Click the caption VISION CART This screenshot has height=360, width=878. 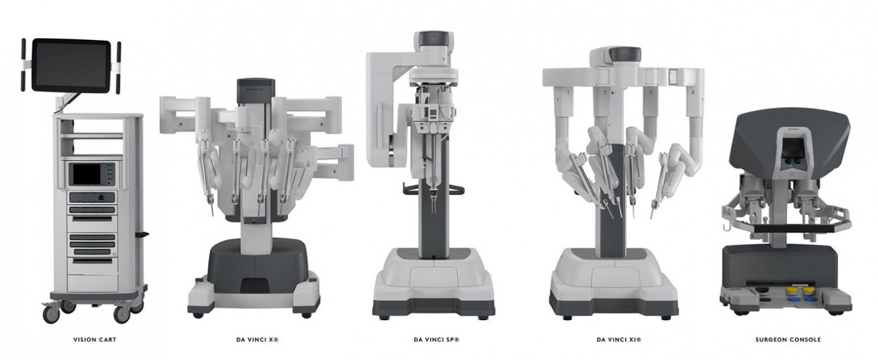click(x=95, y=339)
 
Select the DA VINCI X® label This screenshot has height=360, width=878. click(x=257, y=339)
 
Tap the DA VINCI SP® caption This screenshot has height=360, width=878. click(x=436, y=339)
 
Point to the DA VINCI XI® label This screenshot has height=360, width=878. click(x=619, y=339)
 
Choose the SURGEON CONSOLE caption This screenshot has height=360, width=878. click(x=788, y=339)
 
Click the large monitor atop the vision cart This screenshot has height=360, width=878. click(x=71, y=65)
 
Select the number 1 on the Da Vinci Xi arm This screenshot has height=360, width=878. click(x=567, y=92)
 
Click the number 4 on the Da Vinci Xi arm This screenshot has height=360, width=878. click(x=693, y=92)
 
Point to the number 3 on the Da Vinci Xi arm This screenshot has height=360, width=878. click(x=651, y=92)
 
